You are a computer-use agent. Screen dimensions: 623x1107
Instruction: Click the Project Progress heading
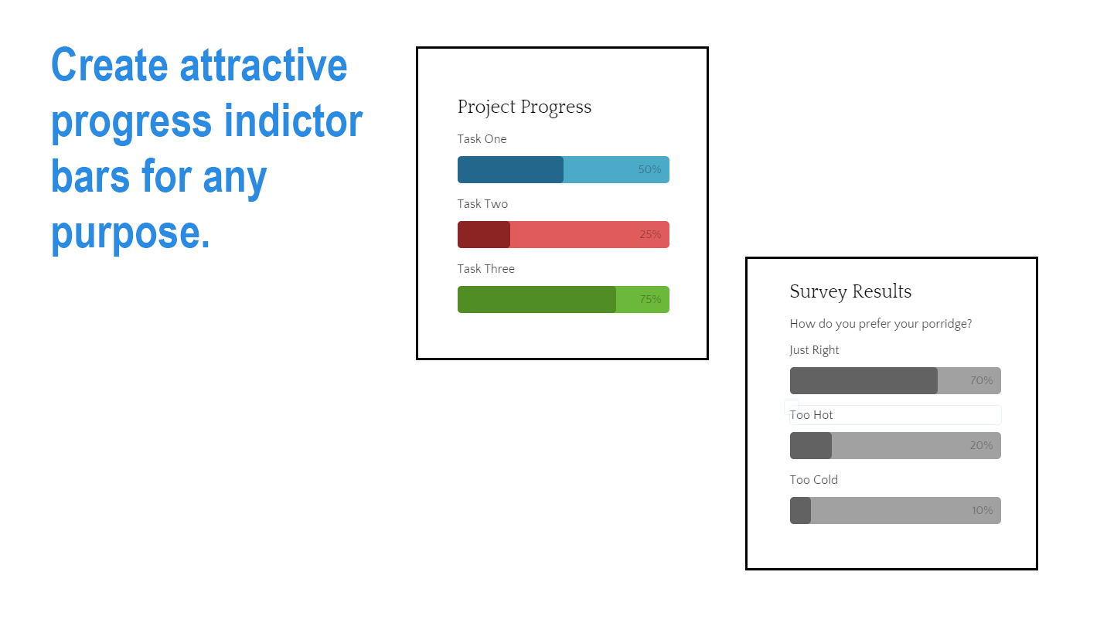524,107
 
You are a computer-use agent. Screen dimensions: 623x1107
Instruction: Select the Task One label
482,139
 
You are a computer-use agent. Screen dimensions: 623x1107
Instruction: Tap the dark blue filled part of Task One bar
510,170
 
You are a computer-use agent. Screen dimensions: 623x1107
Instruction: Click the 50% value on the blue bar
649,170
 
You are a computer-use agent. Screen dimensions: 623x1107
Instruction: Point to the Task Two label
482,204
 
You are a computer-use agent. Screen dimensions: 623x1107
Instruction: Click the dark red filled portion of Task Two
484,235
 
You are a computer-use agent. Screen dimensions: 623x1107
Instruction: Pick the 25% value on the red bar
649,235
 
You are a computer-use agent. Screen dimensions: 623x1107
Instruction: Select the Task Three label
485,269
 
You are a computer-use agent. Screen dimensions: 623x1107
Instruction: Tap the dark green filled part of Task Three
536,300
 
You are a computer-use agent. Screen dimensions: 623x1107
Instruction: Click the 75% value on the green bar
649,300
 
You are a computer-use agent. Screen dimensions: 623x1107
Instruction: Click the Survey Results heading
850,291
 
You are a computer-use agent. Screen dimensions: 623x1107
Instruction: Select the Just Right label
814,350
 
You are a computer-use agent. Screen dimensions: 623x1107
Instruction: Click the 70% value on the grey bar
981,381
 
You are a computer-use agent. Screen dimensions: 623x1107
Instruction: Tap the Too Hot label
811,415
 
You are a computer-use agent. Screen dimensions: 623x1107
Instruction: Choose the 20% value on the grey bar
981,446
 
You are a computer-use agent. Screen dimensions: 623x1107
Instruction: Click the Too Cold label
813,480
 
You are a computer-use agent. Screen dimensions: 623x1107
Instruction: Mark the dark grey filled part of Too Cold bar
800,511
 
